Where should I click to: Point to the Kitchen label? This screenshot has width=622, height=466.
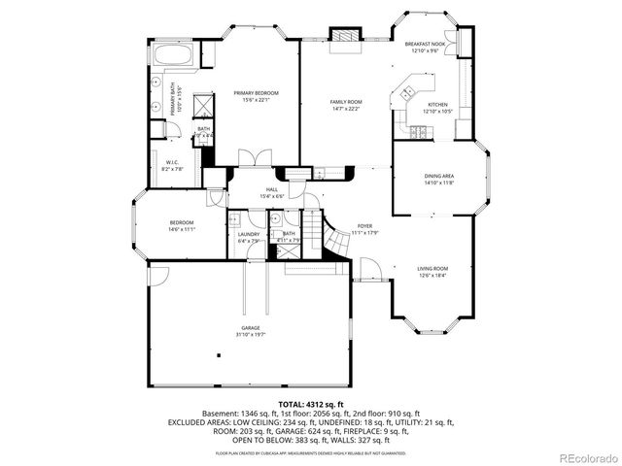(438, 105)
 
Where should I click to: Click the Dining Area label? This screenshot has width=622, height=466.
(439, 176)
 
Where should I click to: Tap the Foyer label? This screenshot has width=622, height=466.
(363, 225)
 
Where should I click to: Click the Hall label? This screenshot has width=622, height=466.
(271, 190)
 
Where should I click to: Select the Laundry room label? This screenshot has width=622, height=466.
(248, 234)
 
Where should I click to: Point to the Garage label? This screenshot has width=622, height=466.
(251, 328)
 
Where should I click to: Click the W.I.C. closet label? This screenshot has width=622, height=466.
(171, 162)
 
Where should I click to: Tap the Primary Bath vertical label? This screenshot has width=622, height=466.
(175, 102)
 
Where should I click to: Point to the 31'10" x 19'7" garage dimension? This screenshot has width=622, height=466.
(251, 335)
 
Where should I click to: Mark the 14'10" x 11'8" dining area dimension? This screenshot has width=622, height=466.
(439, 183)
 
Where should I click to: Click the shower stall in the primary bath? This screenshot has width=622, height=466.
(205, 105)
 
